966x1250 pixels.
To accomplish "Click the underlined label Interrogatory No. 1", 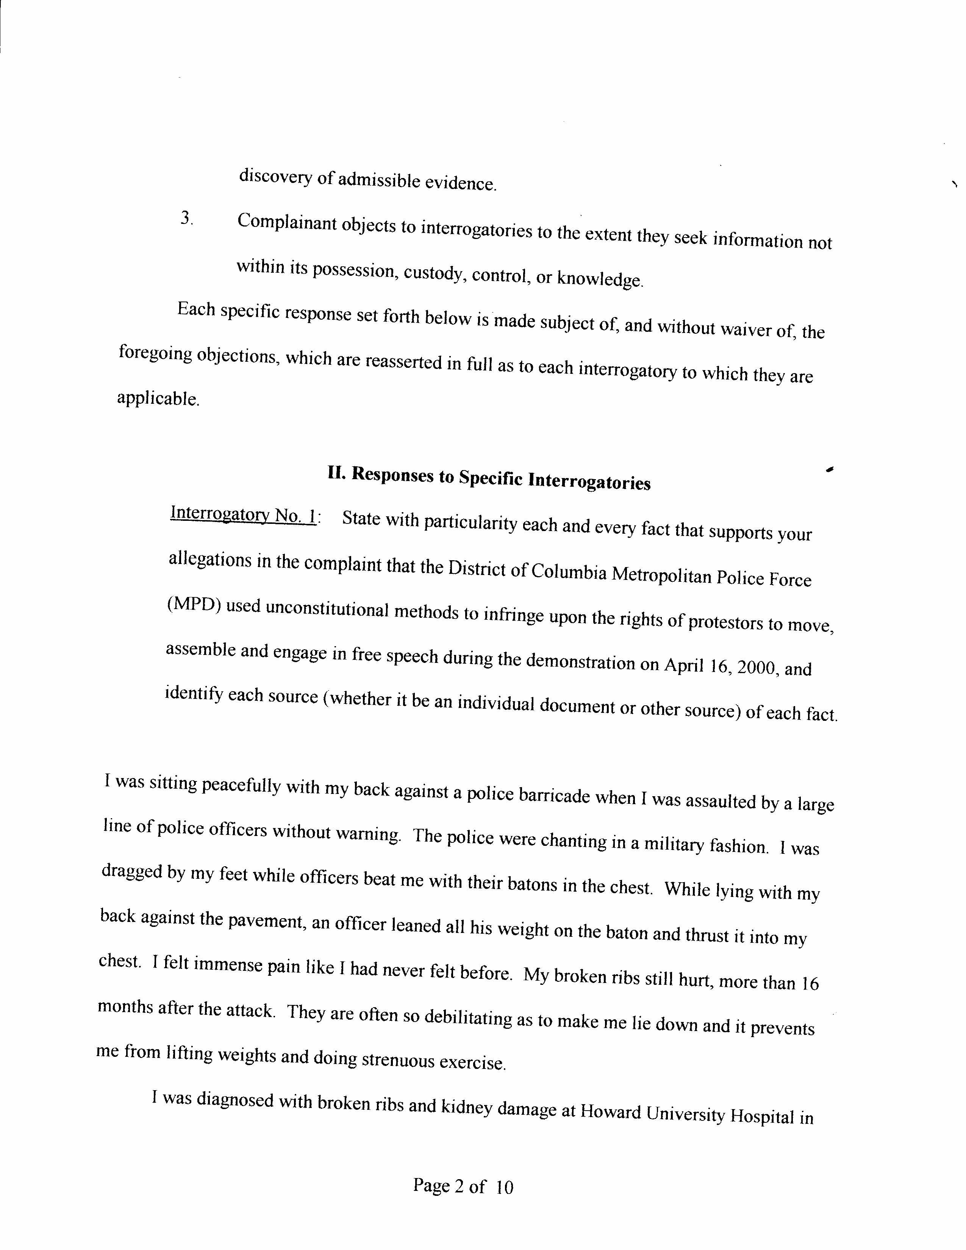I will (x=243, y=514).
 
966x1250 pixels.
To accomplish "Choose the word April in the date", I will (x=683, y=666).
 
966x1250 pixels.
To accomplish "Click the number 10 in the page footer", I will (x=504, y=1187).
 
